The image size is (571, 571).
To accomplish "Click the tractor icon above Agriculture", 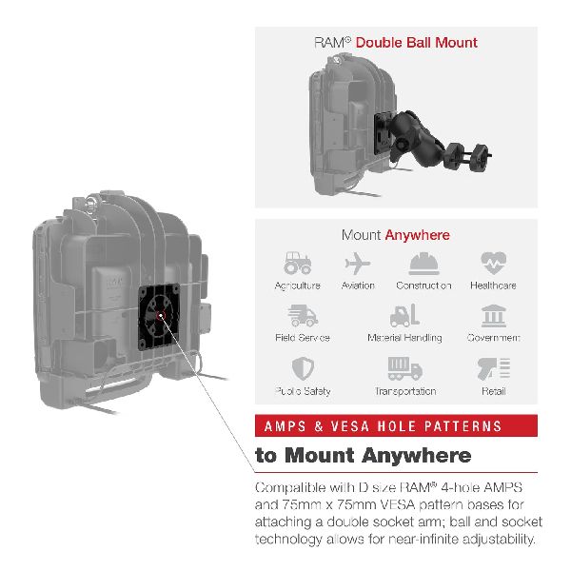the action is [x=298, y=263].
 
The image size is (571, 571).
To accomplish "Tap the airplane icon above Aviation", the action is [x=357, y=264].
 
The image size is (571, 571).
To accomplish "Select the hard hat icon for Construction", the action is [x=423, y=264].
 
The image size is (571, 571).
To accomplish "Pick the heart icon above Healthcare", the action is [x=493, y=263].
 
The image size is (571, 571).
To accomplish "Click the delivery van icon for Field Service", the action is [x=303, y=316].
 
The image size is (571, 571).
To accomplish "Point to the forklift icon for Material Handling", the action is [x=405, y=315].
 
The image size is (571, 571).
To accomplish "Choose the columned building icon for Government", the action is [x=493, y=316].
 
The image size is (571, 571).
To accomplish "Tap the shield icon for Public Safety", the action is [x=303, y=368].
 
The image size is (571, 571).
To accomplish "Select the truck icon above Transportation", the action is [x=405, y=368].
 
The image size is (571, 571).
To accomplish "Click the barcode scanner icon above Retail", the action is [x=494, y=369].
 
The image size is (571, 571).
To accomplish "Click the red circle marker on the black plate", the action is [x=161, y=316].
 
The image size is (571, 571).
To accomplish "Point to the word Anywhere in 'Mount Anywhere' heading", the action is [x=418, y=235].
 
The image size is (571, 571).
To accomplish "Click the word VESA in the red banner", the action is [x=349, y=426].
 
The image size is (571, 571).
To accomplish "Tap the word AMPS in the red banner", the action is [x=285, y=426].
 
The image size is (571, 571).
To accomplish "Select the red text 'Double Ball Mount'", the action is [x=416, y=43].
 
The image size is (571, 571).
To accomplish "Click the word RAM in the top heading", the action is [x=329, y=43].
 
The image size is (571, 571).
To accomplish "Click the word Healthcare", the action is [x=493, y=285].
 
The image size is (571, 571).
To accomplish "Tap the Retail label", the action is [x=493, y=391].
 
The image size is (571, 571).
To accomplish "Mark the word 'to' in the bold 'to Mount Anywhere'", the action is [x=266, y=456].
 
